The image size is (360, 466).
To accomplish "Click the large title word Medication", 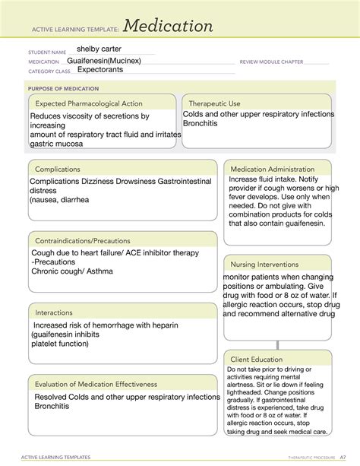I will (x=169, y=26).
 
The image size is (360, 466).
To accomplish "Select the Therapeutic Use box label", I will (x=214, y=103).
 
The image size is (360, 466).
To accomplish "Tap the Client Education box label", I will (x=257, y=359).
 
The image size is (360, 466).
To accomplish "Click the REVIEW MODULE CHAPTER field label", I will (x=271, y=61).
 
